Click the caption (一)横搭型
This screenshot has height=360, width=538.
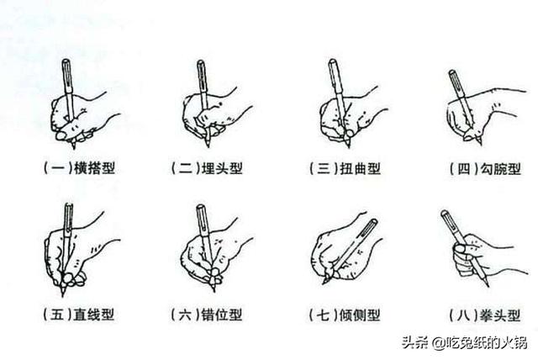[80, 168]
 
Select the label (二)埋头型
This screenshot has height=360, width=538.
[208, 168]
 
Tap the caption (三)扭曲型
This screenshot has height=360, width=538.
[345, 168]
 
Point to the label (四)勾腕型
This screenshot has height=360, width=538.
[486, 169]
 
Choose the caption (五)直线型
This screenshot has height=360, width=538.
[79, 315]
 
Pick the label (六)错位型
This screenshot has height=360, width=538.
[207, 315]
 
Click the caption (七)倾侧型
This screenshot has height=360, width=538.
[345, 315]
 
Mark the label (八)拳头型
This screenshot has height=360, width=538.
[485, 315]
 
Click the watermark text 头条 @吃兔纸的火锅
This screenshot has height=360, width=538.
[464, 342]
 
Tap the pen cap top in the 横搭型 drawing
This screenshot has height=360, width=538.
[66, 61]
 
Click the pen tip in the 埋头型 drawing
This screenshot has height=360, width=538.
[208, 146]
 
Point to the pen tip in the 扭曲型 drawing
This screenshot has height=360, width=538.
[348, 146]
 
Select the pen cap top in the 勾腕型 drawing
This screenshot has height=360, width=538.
[452, 72]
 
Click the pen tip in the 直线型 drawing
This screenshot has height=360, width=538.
[63, 294]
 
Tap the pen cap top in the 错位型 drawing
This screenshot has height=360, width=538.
[201, 207]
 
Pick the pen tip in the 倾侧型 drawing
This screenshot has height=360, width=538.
[324, 283]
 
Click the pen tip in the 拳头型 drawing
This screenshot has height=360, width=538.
[488, 284]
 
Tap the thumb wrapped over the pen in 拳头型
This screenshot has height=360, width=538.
[460, 249]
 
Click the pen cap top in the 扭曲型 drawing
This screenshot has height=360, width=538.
[332, 61]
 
